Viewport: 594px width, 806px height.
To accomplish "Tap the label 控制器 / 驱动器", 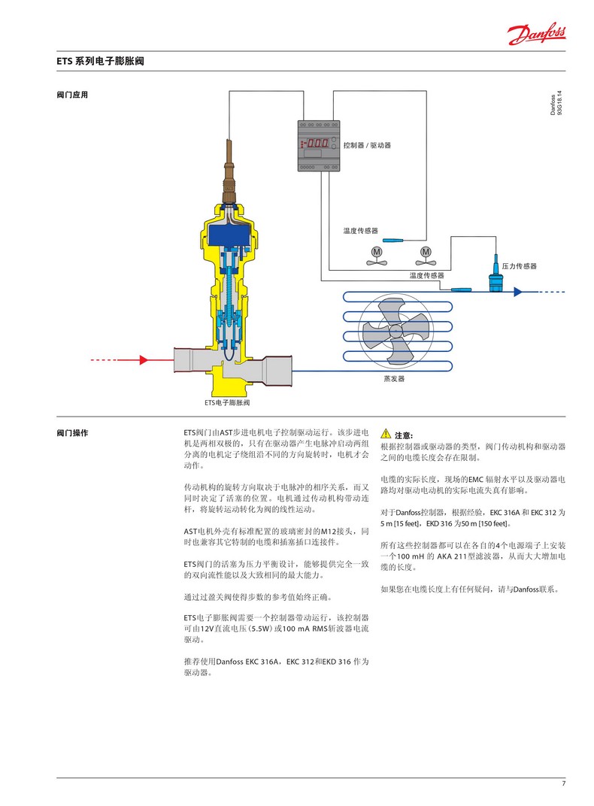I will [x=366, y=144].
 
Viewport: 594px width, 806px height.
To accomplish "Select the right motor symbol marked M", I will [x=426, y=251].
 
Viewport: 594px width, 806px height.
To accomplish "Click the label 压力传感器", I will [x=520, y=266].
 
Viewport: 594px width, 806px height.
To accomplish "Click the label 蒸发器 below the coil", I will [x=394, y=379].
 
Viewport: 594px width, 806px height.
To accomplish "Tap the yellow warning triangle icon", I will [x=386, y=434].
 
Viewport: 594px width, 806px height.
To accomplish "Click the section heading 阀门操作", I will [x=72, y=434].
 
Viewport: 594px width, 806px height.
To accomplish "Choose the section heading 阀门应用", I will [x=72, y=95].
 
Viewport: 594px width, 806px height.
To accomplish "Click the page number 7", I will [x=563, y=784].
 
